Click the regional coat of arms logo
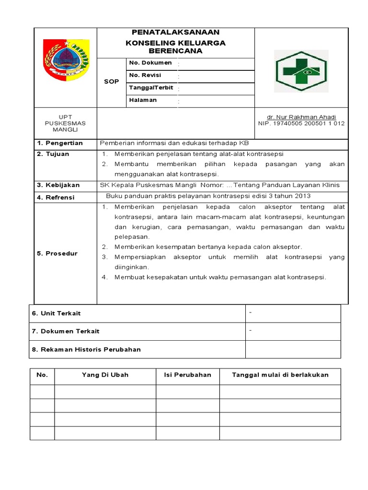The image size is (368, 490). (66, 59)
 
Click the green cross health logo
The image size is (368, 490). (301, 71)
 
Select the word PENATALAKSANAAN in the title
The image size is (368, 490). (175, 33)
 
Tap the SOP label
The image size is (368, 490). (111, 82)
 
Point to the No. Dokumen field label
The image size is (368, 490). (150, 63)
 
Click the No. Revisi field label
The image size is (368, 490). (145, 76)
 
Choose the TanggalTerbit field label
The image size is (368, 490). (151, 88)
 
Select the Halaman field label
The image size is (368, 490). (143, 100)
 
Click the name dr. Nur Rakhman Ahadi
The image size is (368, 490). (301, 117)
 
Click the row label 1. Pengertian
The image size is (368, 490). (60, 143)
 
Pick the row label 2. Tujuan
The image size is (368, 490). (53, 154)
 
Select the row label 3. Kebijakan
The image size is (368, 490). (58, 185)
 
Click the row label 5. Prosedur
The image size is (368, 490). (57, 254)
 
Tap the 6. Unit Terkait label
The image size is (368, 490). (56, 313)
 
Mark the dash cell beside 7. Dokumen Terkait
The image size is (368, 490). (293, 331)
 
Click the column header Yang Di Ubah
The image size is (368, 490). (105, 375)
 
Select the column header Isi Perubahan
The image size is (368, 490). (187, 375)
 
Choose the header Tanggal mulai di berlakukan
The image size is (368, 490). (280, 375)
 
